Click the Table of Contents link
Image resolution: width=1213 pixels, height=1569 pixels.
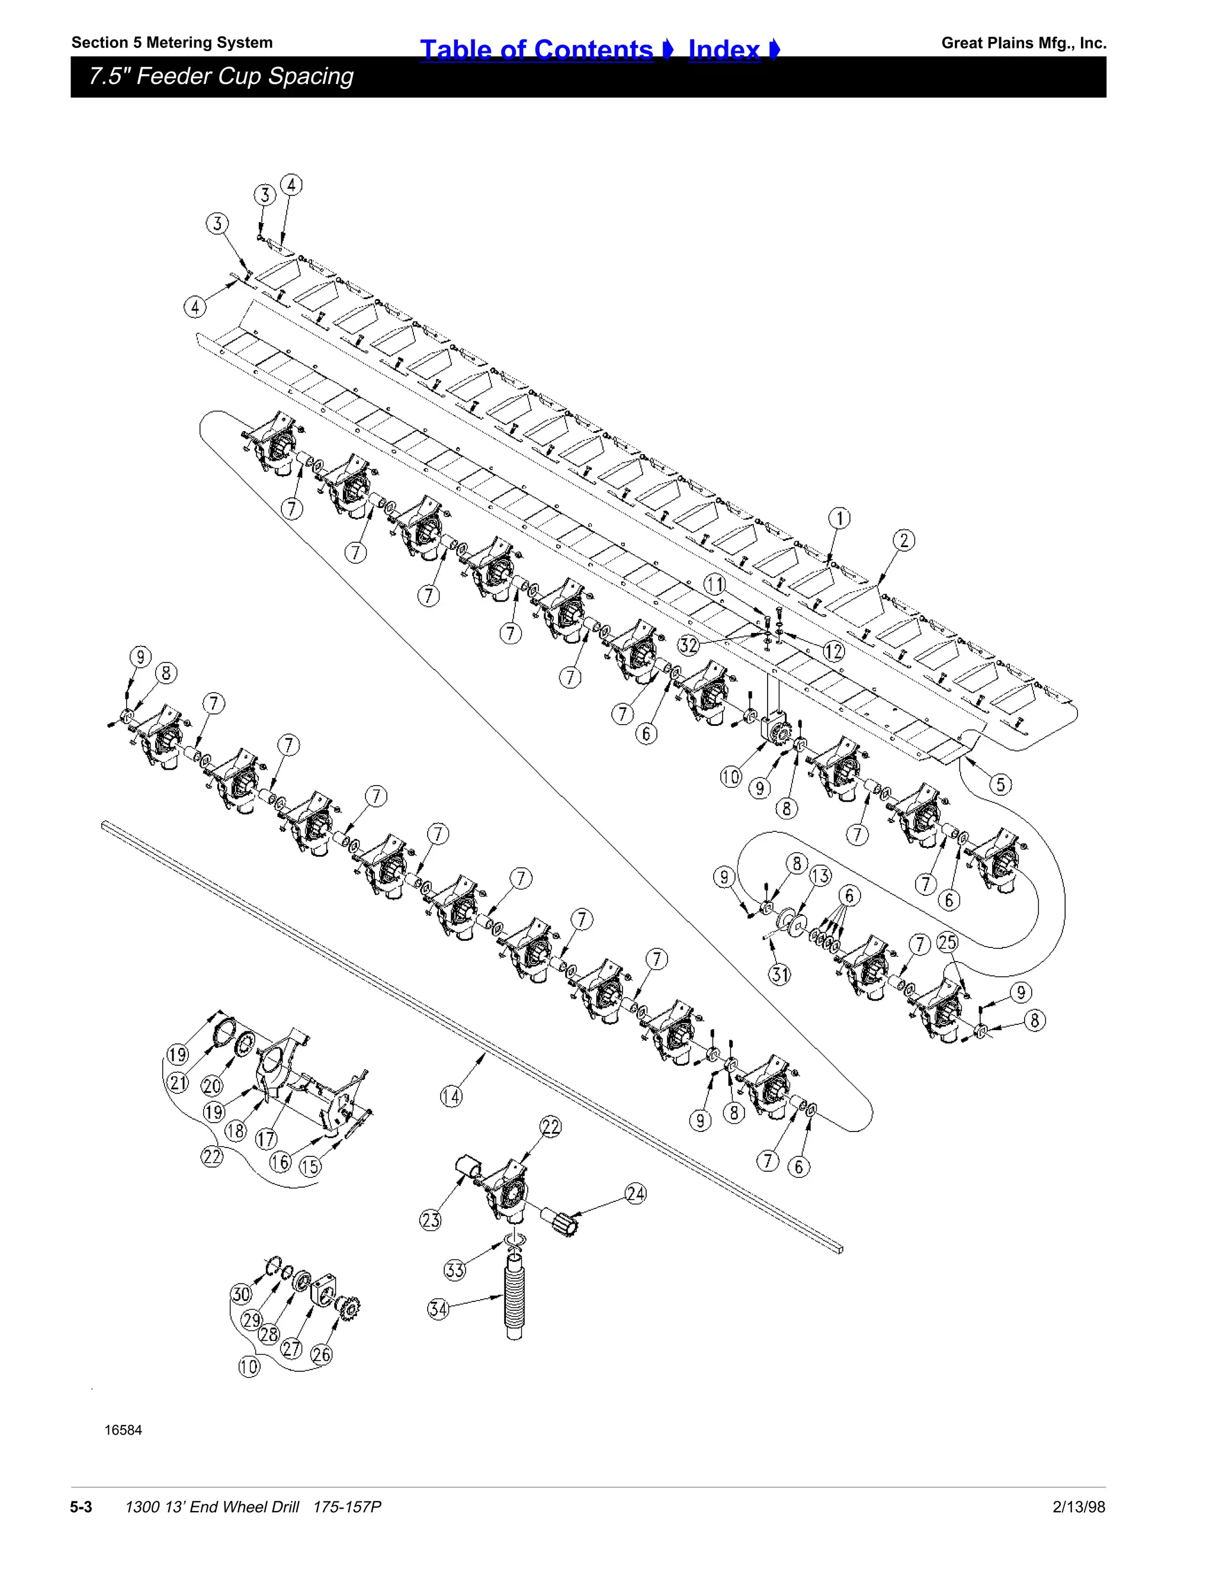pos(537,49)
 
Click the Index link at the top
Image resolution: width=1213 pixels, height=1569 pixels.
pos(724,49)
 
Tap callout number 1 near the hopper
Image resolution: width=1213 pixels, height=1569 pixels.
pos(839,518)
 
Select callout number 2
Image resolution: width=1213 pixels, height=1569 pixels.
pos(903,540)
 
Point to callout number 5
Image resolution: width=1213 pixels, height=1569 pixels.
pos(1000,784)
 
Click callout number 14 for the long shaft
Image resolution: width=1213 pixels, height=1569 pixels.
pos(451,1097)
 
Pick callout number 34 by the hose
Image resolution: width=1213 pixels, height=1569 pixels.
pos(438,1309)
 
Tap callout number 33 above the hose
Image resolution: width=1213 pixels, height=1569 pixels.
pos(455,1270)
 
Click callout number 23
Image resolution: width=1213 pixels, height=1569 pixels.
pos(431,1220)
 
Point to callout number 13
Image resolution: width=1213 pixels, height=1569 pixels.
pos(820,876)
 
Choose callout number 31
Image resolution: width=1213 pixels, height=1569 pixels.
pos(779,975)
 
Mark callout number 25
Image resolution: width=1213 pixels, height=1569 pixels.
pos(948,942)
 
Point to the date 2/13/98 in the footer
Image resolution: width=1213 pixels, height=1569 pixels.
pos(1079,1506)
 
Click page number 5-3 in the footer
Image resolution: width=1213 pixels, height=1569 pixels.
pos(81,1506)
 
